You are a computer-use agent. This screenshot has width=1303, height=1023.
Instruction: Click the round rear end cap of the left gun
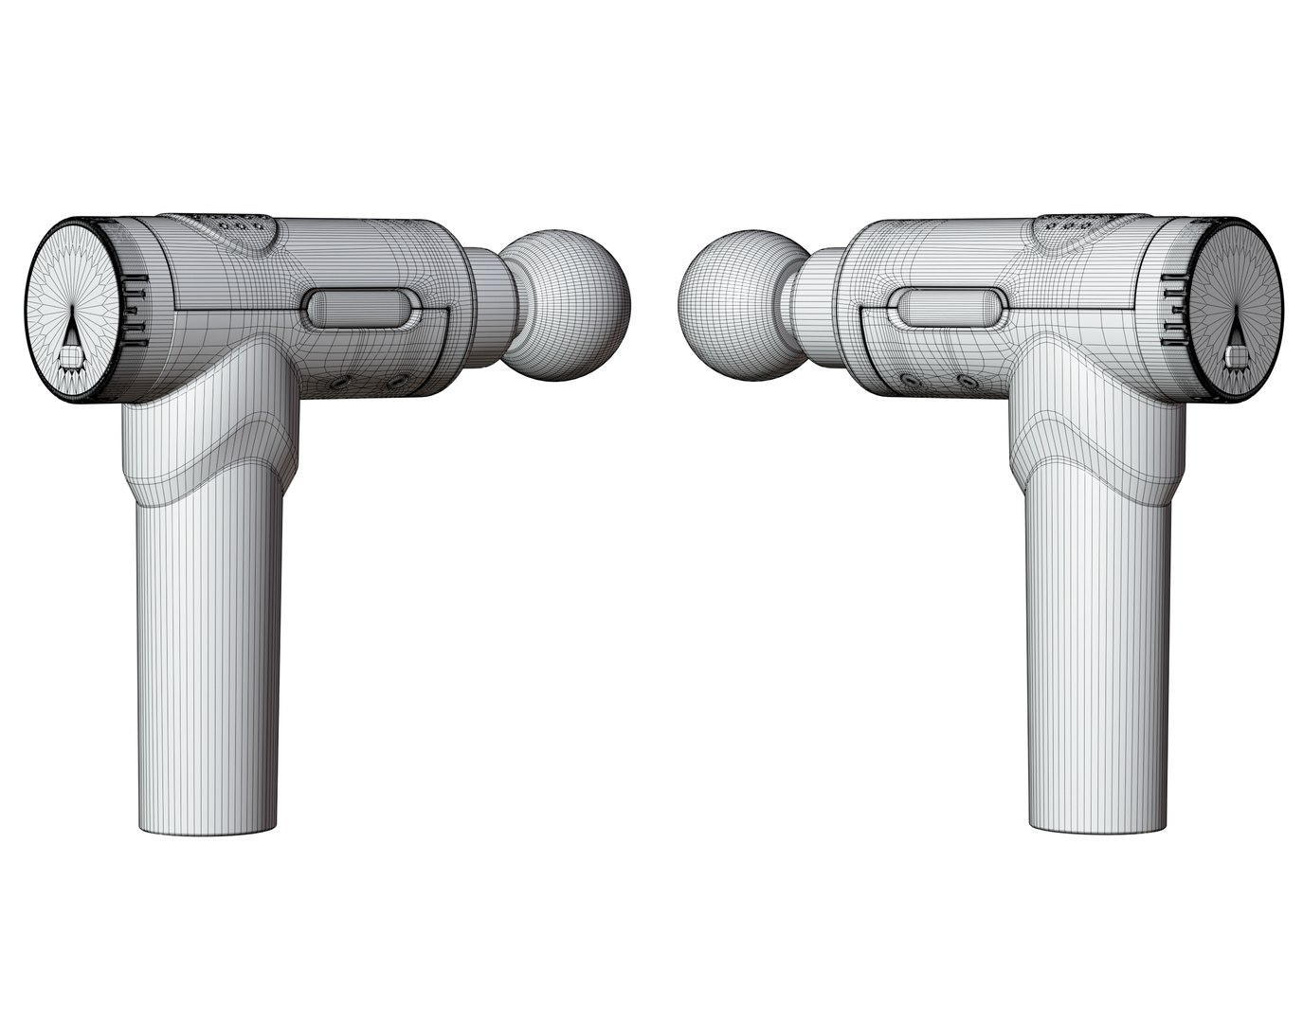coord(75,313)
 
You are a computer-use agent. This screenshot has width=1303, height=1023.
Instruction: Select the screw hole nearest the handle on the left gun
coord(338,384)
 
